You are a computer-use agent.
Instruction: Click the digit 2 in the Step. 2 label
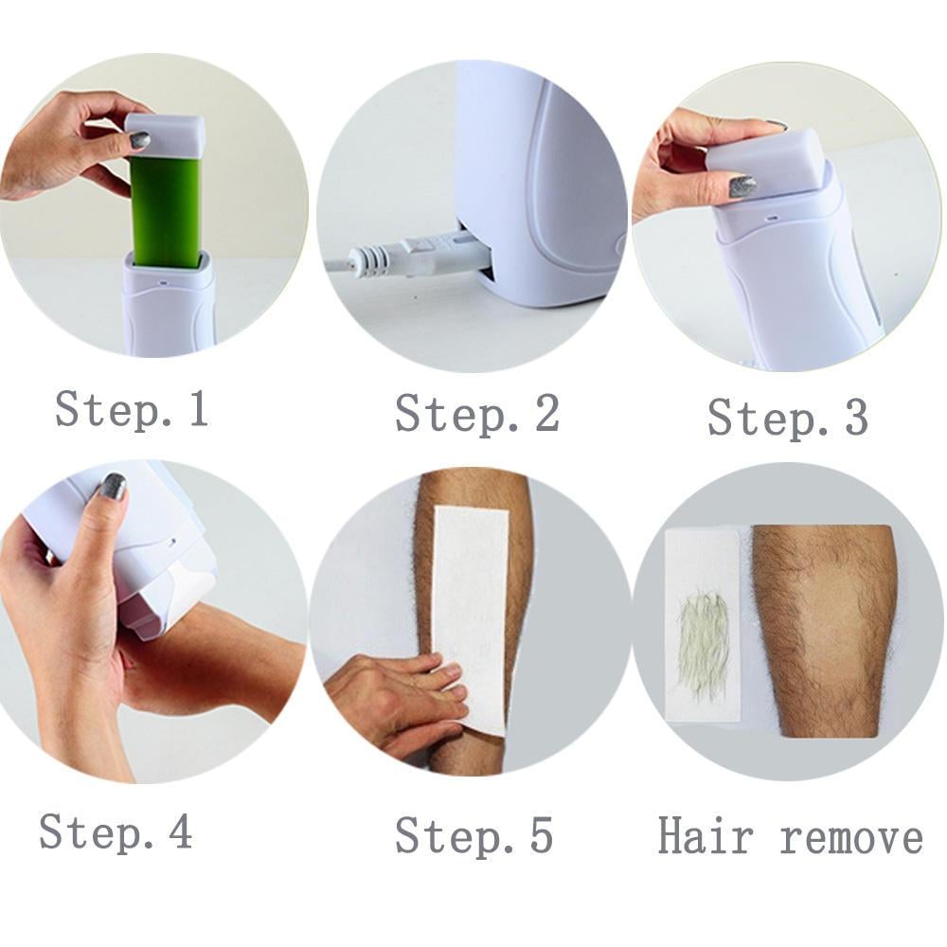click(x=546, y=413)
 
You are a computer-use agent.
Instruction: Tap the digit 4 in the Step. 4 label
click(x=179, y=831)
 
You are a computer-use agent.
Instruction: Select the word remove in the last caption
click(x=851, y=839)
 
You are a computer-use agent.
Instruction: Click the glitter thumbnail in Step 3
click(x=742, y=188)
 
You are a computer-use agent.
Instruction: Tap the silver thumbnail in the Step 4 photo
click(x=112, y=487)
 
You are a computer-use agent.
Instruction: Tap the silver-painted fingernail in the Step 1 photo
click(x=139, y=140)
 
